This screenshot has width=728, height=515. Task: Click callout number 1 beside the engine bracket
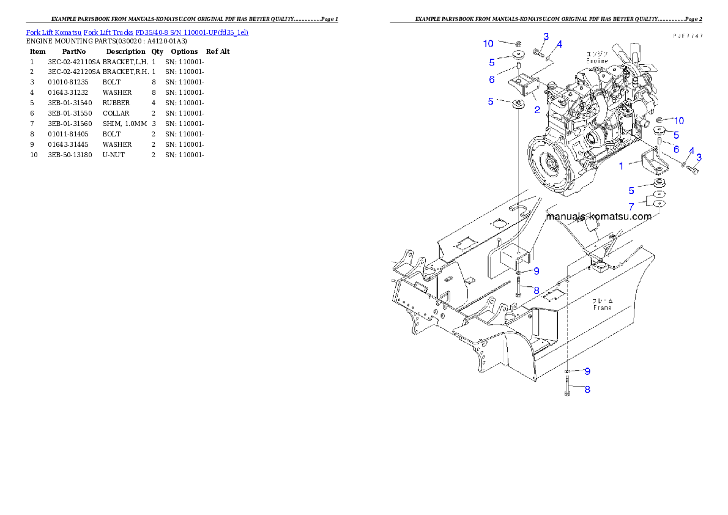(622, 166)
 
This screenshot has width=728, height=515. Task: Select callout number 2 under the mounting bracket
(537, 110)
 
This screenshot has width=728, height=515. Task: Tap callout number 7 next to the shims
(631, 207)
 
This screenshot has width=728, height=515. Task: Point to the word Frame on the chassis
(603, 308)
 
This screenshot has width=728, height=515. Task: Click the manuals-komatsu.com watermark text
(598, 217)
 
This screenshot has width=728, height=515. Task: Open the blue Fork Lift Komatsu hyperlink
(137, 31)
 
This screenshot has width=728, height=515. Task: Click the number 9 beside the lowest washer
(587, 371)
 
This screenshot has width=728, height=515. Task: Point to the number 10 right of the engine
(679, 120)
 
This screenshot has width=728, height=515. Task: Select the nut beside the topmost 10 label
(517, 44)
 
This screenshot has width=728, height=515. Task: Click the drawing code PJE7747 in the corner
(688, 36)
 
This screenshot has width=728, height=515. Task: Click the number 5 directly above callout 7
(631, 191)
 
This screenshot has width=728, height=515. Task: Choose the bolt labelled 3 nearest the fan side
(693, 169)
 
